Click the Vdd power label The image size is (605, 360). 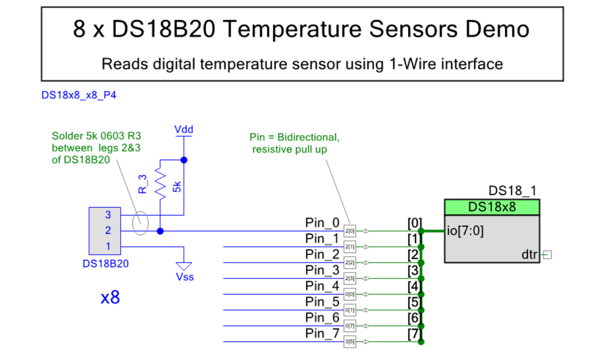point(183,130)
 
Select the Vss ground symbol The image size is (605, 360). point(184,265)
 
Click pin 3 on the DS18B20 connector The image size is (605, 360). point(109,215)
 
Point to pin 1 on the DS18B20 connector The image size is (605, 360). point(109,246)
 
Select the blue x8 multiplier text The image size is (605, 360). point(110,298)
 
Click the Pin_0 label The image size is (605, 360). point(323,222)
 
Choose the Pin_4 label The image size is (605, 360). point(323,285)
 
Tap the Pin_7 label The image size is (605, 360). point(323,333)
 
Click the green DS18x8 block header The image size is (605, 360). point(492,207)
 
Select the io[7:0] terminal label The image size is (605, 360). point(465,231)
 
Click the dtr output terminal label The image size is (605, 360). point(529,255)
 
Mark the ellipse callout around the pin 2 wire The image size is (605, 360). point(141,224)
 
